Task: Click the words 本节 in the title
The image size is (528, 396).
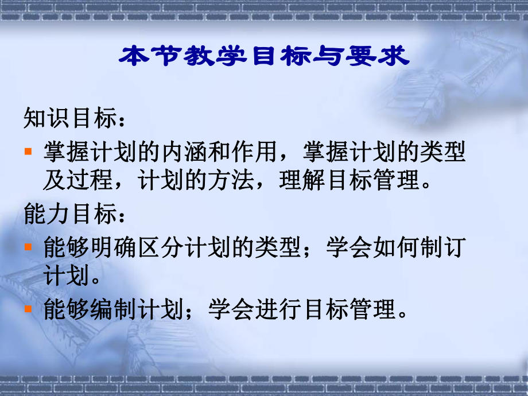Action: [147, 57]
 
